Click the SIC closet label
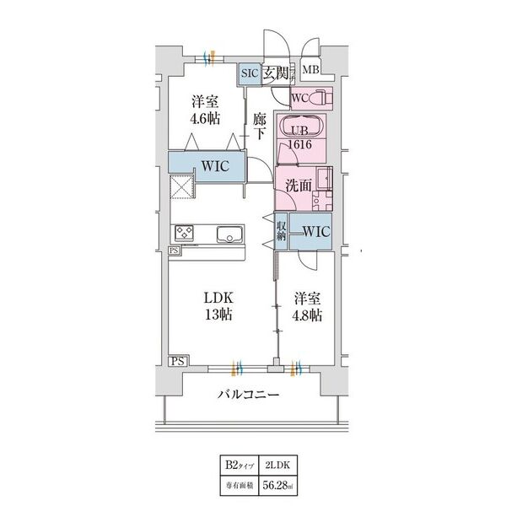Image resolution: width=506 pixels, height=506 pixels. pos(250,73)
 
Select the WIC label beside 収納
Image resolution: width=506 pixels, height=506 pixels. pos(315,229)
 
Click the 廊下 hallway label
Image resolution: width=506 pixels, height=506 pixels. pos(260,126)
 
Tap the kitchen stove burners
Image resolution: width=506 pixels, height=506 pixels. pos(186,233)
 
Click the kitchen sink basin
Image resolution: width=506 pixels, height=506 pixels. pos(229,234)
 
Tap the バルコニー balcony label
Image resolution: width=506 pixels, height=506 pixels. pos(248,395)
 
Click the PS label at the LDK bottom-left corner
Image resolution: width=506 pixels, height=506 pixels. pos(177,361)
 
